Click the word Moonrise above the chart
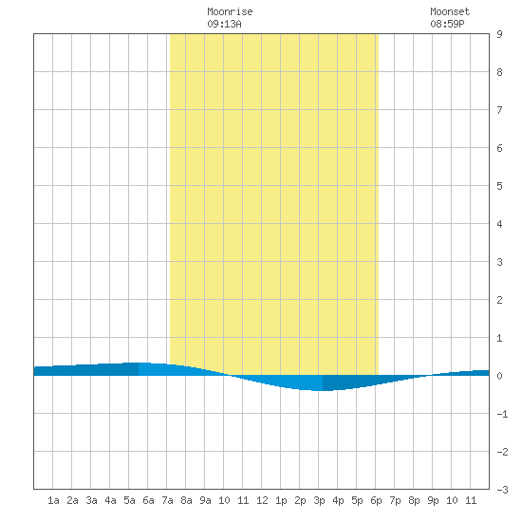pos(230,11)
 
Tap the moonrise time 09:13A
pos(224,24)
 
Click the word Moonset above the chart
pos(450,11)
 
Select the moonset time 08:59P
pos(447,24)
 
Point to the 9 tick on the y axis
pos(499,34)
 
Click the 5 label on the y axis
pos(499,186)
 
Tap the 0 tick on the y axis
pos(499,376)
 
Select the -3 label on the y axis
pos(502,490)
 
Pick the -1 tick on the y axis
pos(502,414)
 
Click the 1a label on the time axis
pos(53,500)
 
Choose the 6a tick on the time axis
pos(148,500)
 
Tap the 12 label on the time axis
pos(262,500)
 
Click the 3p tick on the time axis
pos(319,500)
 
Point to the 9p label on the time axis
pos(433,500)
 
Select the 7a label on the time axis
pos(167,500)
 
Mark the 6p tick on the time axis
pos(376,500)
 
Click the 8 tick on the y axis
pos(499,72)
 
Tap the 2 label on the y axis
pos(499,300)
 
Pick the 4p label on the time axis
pos(338,500)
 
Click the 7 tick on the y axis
pos(499,110)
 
